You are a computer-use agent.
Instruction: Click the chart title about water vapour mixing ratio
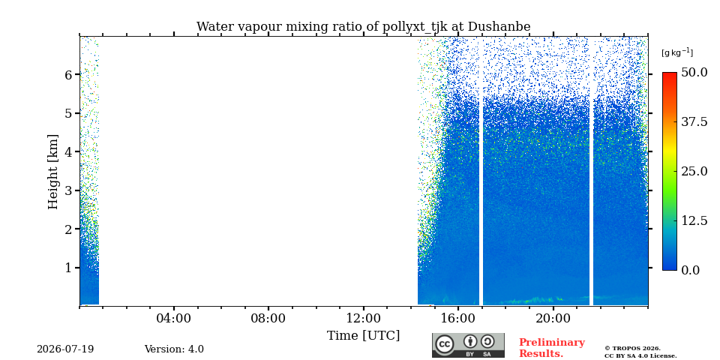(363, 27)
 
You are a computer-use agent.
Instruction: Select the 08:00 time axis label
(268, 319)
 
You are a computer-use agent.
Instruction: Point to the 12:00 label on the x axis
(364, 319)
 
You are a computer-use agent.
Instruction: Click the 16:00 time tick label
(458, 319)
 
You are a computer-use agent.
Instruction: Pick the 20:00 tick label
(553, 319)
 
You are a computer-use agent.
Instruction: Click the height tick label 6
(70, 74)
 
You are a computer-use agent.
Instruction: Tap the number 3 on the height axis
(70, 190)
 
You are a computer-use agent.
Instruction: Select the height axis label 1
(70, 268)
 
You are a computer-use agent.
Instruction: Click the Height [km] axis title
(53, 172)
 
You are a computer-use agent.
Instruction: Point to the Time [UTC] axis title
(363, 336)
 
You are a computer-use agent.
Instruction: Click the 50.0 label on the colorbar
(694, 73)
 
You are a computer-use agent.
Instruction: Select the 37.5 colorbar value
(694, 121)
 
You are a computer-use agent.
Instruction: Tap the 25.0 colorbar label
(694, 171)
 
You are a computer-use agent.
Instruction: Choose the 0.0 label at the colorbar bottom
(691, 270)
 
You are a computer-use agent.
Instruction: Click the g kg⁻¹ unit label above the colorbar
(677, 52)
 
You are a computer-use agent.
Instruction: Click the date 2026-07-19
(65, 349)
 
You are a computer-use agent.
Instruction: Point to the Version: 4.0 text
(174, 349)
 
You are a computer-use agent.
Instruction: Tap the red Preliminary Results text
(552, 347)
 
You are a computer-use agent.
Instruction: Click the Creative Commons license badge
(468, 345)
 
